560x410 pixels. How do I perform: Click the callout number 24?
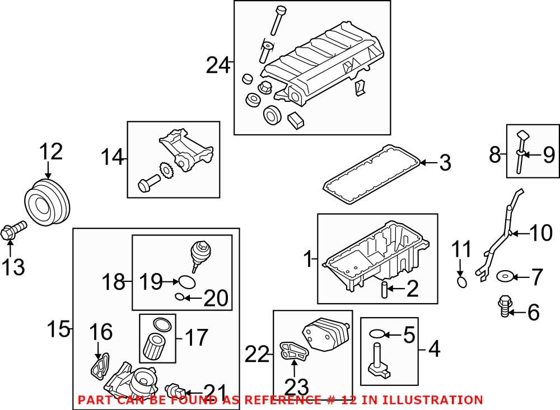point(218,66)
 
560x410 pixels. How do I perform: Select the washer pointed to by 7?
point(506,275)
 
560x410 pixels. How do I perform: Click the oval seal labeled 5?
point(379,334)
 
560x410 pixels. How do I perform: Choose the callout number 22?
point(258,354)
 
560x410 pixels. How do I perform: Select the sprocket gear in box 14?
point(165,169)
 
